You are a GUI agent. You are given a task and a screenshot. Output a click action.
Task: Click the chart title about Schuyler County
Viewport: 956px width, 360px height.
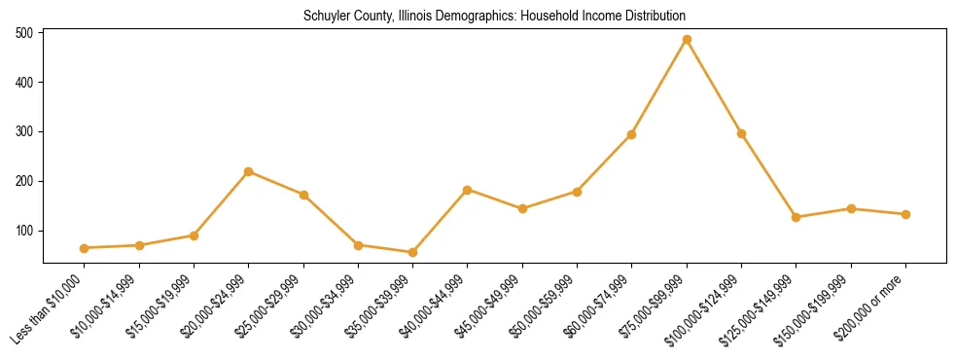pyautogui.click(x=494, y=17)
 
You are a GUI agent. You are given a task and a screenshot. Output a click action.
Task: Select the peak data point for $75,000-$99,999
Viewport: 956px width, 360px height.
pyautogui.click(x=687, y=40)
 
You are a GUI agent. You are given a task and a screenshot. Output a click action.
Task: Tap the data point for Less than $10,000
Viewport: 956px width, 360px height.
pyautogui.click(x=85, y=248)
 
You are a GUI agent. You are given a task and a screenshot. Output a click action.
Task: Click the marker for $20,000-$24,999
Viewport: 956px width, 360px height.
pyautogui.click(x=249, y=171)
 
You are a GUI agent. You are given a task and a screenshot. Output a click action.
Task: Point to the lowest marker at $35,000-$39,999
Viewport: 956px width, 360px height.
pyautogui.click(x=413, y=252)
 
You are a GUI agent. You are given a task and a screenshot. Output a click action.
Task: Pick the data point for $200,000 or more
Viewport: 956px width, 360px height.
pyautogui.click(x=905, y=214)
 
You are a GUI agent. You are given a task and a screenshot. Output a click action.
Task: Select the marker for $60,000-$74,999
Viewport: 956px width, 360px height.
pyautogui.click(x=632, y=134)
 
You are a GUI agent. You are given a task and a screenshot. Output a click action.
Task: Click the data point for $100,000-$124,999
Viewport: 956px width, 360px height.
pyautogui.click(x=741, y=133)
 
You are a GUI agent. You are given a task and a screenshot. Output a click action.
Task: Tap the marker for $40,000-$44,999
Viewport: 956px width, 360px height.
pyautogui.click(x=468, y=190)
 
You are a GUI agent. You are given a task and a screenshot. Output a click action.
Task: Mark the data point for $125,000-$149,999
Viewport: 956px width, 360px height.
pyautogui.click(x=797, y=217)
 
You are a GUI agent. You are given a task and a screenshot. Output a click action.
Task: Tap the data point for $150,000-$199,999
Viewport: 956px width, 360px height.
pyautogui.click(x=851, y=208)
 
